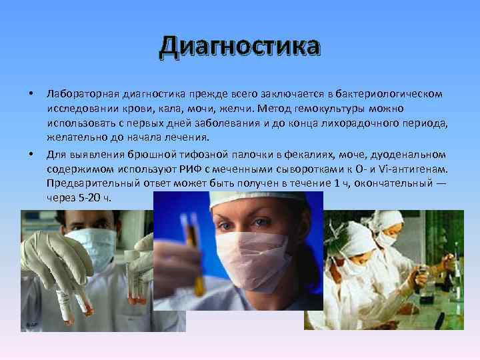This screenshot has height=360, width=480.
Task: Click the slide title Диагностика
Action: point(240,47)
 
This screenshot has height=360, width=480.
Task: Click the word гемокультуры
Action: point(329,107)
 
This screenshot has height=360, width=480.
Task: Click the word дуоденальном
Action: point(405,153)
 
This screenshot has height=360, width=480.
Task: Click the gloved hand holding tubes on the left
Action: point(50,260)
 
